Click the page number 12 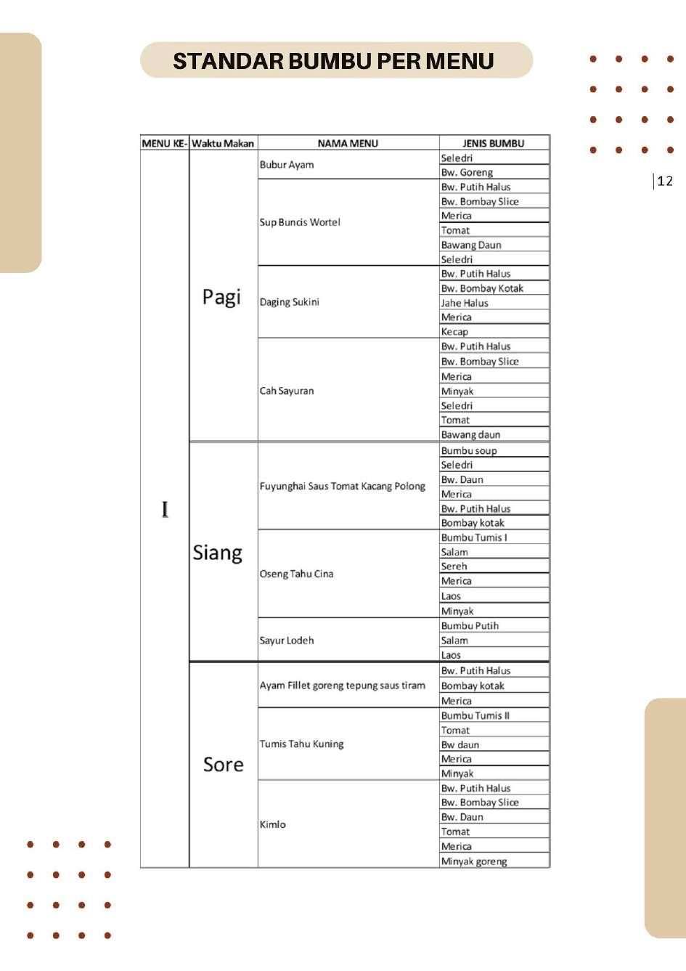[x=665, y=181]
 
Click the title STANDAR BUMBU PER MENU [x=334, y=61]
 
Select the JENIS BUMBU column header [x=494, y=143]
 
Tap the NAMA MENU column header [x=348, y=143]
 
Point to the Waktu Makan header [x=223, y=143]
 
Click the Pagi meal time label [x=221, y=296]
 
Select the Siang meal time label [x=217, y=553]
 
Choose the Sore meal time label [x=223, y=764]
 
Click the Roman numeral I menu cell [x=165, y=509]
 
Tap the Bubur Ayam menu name [x=287, y=165]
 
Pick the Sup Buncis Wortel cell [x=300, y=222]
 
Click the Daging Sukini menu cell [x=290, y=302]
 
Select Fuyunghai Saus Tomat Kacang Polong [x=342, y=486]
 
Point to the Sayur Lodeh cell [x=287, y=641]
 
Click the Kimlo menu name [x=273, y=824]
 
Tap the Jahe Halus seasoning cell [x=465, y=303]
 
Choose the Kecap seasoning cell [x=455, y=332]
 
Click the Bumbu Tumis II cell [x=475, y=715]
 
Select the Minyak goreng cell [x=474, y=861]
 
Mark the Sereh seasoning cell [x=454, y=566]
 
